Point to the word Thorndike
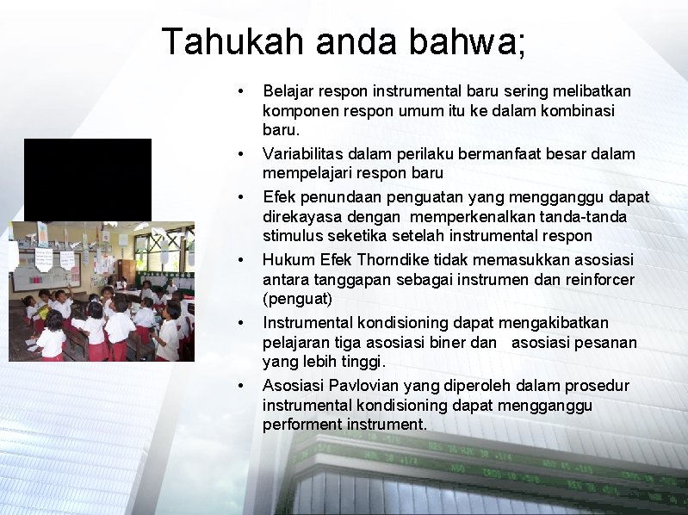click(x=390, y=259)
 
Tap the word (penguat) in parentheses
click(x=297, y=299)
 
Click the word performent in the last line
click(x=301, y=425)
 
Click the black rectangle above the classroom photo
click(x=87, y=179)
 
